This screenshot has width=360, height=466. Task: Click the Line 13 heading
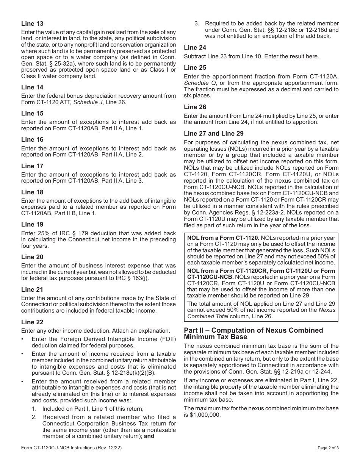click(32, 23)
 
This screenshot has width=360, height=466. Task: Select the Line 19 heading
click(32, 224)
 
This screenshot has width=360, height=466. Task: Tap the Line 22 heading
click(32, 322)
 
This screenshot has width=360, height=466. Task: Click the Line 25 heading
click(195, 67)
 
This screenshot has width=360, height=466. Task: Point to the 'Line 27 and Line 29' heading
click(213, 133)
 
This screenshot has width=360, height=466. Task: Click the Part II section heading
click(253, 333)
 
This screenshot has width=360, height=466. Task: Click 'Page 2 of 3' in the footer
click(328, 447)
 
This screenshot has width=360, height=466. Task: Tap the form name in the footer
click(71, 447)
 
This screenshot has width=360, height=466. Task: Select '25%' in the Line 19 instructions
click(44, 233)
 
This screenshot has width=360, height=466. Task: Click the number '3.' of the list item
click(197, 23)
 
